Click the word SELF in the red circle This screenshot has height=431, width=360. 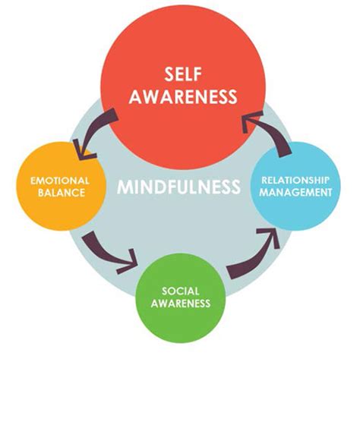183,74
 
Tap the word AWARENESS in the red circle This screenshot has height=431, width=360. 183,96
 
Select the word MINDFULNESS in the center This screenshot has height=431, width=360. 178,187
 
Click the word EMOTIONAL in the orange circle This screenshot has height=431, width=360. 60,181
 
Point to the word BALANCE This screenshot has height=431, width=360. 62,193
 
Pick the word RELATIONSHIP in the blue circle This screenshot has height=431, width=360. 295,181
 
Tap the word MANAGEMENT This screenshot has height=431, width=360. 295,193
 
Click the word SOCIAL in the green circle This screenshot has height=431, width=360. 181,291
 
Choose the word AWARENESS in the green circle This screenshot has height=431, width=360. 181,304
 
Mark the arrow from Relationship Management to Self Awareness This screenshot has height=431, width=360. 271,129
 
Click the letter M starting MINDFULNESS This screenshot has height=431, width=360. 124,187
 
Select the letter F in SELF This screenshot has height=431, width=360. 197,74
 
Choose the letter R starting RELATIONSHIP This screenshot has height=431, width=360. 264,181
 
